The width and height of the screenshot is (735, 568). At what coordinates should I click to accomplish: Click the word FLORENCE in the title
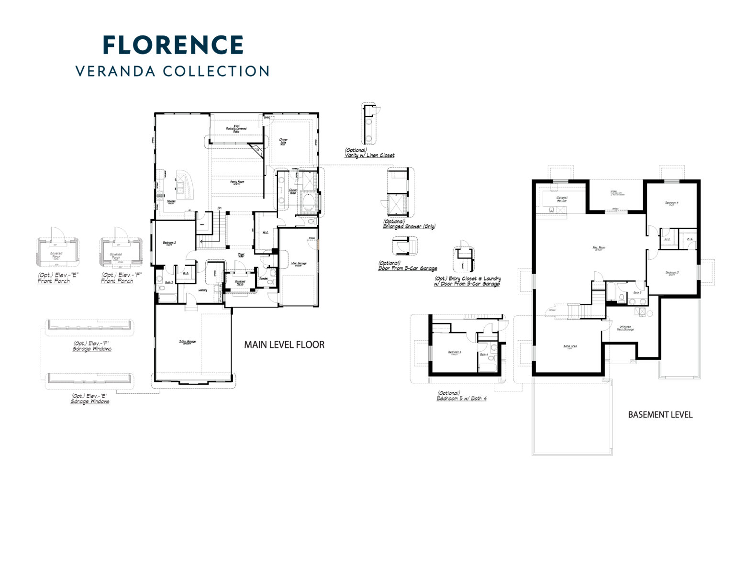(173, 45)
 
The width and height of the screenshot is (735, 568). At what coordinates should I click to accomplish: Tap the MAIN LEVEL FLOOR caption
(284, 345)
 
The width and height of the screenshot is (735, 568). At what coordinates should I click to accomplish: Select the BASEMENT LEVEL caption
(660, 415)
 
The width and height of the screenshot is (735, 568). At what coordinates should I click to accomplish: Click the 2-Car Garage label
(188, 342)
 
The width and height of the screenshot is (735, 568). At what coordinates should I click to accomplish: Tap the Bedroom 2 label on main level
(169, 243)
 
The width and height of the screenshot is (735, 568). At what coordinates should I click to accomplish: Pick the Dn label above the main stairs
(219, 208)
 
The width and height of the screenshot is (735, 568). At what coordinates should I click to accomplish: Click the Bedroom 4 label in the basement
(671, 203)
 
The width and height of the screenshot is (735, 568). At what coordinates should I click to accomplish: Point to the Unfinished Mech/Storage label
(625, 328)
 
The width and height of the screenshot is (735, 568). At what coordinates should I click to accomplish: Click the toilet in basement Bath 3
(622, 298)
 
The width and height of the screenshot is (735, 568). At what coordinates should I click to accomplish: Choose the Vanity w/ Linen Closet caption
(369, 153)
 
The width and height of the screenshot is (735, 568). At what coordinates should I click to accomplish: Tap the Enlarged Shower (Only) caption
(409, 224)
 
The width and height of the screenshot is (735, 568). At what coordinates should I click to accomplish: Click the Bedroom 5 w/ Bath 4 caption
(461, 396)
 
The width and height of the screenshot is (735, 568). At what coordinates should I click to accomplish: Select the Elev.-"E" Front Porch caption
(54, 278)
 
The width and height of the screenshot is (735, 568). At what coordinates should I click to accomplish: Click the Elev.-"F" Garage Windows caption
(92, 346)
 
